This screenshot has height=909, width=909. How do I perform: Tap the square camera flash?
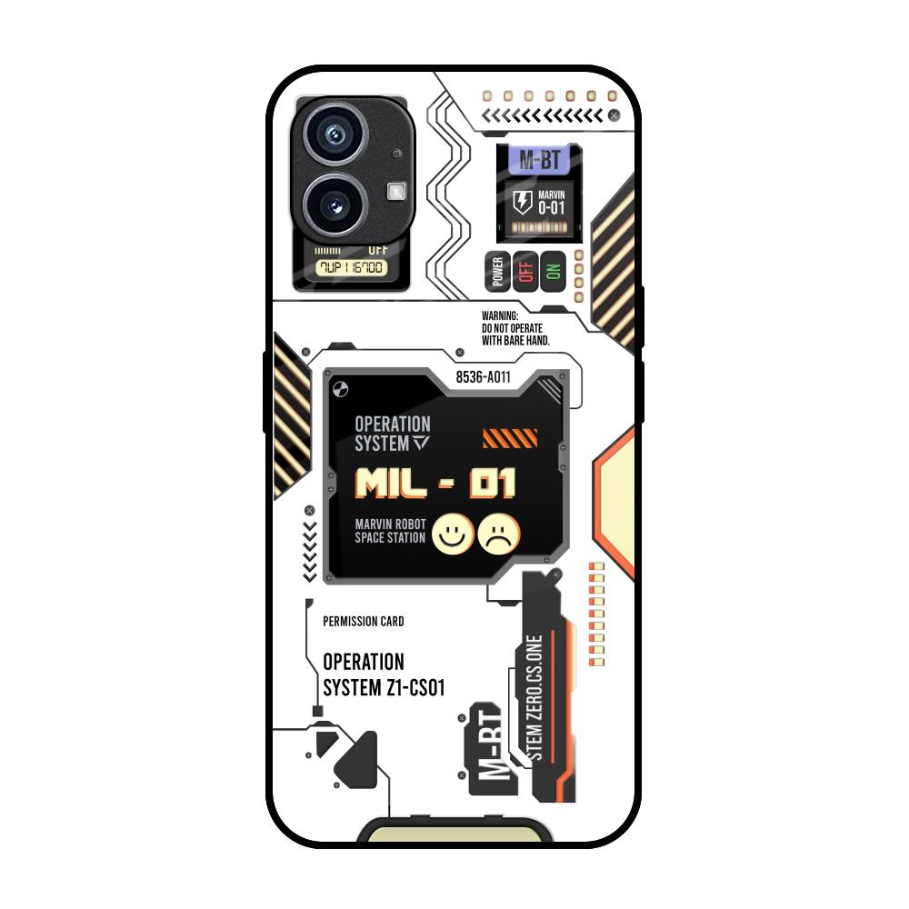click(x=396, y=191)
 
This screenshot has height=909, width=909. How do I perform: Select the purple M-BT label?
click(x=539, y=161)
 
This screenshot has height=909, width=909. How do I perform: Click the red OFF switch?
click(x=524, y=271)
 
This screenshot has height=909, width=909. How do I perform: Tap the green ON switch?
click(x=553, y=271)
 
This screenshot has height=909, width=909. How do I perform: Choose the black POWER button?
click(x=497, y=271)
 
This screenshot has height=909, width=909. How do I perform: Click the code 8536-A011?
click(x=483, y=379)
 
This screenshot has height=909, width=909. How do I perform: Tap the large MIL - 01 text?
click(x=435, y=484)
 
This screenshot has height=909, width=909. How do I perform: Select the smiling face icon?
click(x=449, y=534)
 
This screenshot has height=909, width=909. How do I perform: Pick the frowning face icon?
click(x=500, y=534)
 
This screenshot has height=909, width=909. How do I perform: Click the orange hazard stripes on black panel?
click(x=504, y=440)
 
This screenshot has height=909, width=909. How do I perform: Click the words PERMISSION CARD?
click(x=364, y=622)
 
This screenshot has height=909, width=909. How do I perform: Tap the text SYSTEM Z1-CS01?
click(x=385, y=687)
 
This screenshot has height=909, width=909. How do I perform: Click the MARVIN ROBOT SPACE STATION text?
click(x=390, y=530)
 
